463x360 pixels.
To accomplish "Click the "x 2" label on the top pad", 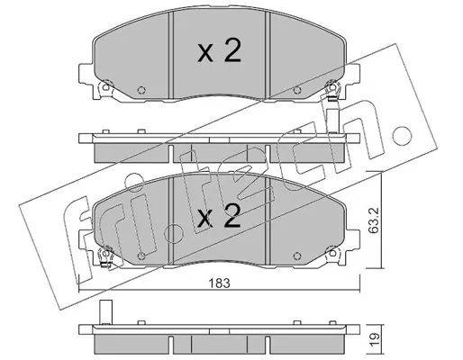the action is coord(219,51).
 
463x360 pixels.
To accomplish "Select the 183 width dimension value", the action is coord(220,283).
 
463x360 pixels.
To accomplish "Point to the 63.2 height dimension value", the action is coord(373,220).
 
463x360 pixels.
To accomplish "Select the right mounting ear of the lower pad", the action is coord(352,240).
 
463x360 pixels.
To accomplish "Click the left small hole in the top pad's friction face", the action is coord(141,90).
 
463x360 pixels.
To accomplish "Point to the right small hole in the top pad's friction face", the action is coord(297,90).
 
